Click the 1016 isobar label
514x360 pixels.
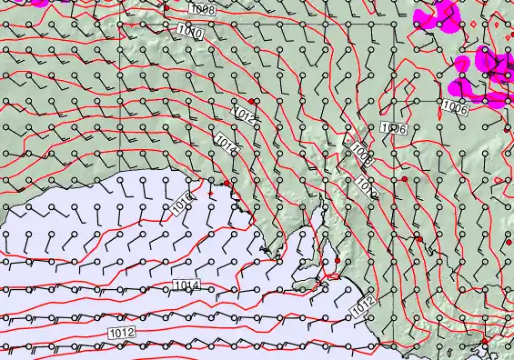(x=182, y=203)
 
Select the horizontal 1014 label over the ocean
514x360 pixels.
(x=186, y=285)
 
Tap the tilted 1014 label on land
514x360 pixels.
(x=227, y=144)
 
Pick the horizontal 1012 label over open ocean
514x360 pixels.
(x=120, y=333)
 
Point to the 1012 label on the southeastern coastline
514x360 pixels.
(x=362, y=308)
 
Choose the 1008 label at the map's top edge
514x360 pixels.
(x=203, y=9)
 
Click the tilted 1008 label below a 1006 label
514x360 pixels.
(x=360, y=153)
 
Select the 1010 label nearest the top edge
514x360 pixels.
(x=191, y=34)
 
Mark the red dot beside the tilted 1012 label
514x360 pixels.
(x=252, y=100)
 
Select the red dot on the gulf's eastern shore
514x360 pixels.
(x=337, y=261)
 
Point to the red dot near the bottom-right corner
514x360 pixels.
(x=485, y=341)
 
